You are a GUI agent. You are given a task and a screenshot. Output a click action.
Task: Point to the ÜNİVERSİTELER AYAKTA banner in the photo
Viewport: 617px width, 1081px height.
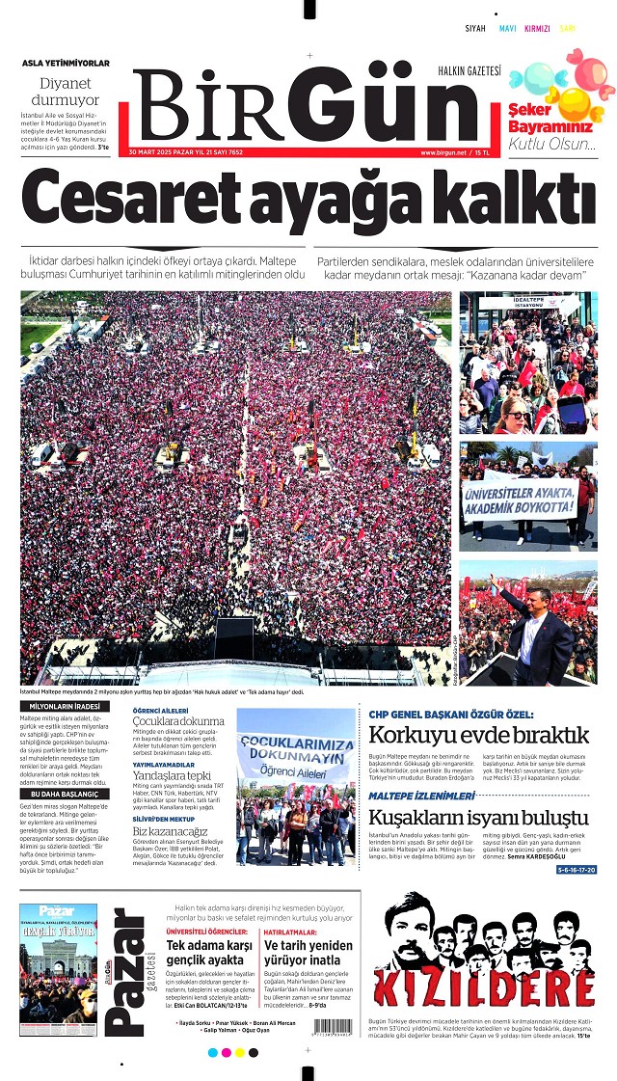point(522,500)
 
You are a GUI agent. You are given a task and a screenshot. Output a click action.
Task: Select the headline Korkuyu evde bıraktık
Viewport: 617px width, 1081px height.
point(478,737)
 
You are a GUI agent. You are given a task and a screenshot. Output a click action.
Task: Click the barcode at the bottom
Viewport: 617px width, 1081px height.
point(333,1027)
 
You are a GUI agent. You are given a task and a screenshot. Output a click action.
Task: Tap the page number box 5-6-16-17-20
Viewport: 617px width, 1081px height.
point(576,870)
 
